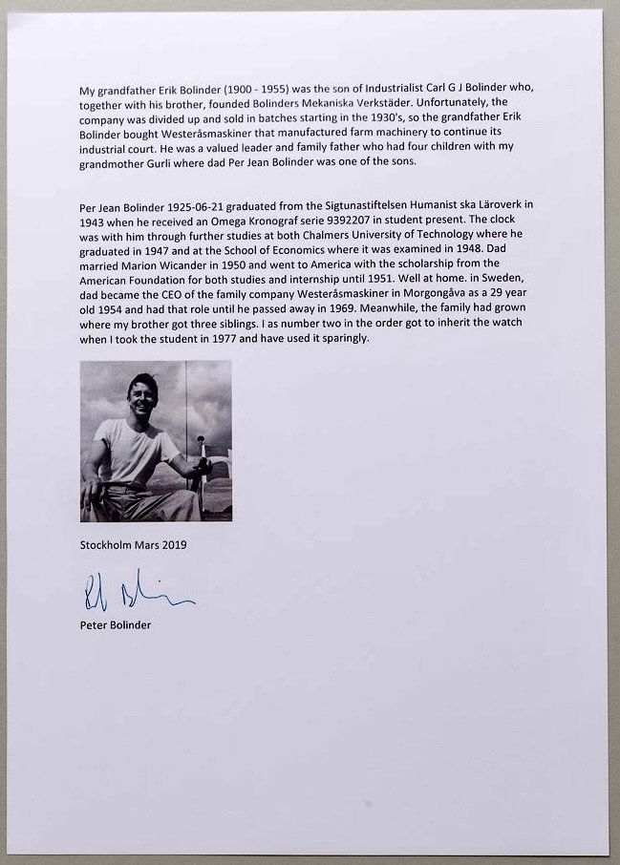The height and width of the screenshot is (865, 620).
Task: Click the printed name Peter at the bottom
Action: (x=96, y=626)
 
